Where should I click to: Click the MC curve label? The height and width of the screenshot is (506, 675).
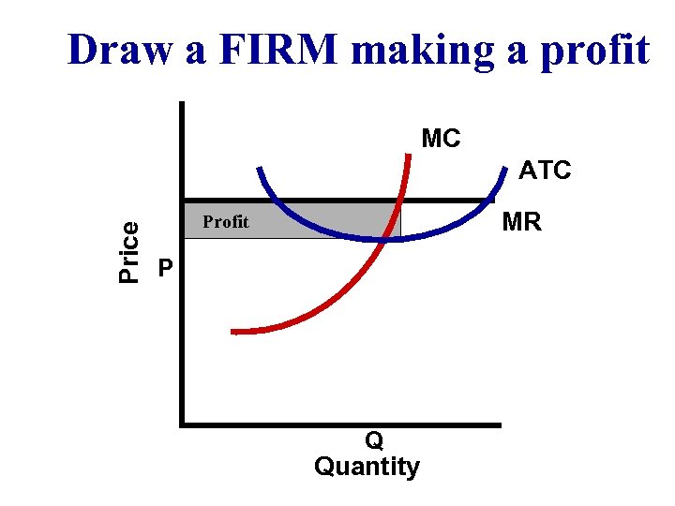click(441, 140)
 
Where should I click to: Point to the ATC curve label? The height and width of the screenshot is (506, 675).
click(545, 171)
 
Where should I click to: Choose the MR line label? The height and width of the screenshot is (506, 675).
click(521, 223)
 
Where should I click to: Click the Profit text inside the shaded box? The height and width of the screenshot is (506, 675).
click(226, 222)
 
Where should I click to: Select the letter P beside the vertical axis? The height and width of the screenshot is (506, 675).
click(165, 269)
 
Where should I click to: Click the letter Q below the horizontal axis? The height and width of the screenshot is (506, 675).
click(373, 440)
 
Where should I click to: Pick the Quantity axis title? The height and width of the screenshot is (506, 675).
click(367, 466)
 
